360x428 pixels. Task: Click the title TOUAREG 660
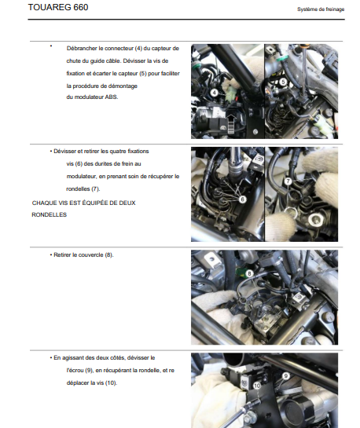pyautogui.click(x=58, y=7)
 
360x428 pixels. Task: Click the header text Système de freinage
pyautogui.click(x=321, y=9)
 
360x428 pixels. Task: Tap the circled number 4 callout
pyautogui.click(x=215, y=93)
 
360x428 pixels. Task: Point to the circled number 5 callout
pyautogui.click(x=283, y=82)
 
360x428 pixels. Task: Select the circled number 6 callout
pyautogui.click(x=242, y=199)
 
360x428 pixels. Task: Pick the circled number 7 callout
pyautogui.click(x=288, y=181)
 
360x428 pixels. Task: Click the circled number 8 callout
pyautogui.click(x=249, y=273)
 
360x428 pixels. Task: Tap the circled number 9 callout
pyautogui.click(x=286, y=376)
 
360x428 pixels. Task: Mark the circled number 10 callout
pyautogui.click(x=257, y=386)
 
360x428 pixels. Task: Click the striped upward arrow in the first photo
pyautogui.click(x=231, y=123)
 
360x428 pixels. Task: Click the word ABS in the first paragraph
pyautogui.click(x=111, y=97)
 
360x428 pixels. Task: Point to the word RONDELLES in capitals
pyautogui.click(x=50, y=215)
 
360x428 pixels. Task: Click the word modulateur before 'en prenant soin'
pyautogui.click(x=82, y=177)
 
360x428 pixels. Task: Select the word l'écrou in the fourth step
pyautogui.click(x=75, y=371)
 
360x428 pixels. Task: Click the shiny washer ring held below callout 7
pyautogui.click(x=290, y=212)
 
